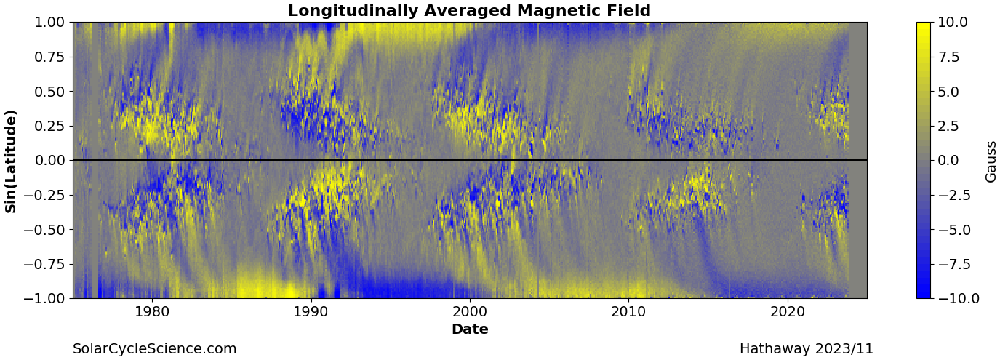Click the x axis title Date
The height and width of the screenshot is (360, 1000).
[x=470, y=329]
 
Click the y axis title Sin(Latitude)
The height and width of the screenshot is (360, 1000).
[x=11, y=161]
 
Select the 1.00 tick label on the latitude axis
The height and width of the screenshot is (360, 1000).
[x=49, y=23]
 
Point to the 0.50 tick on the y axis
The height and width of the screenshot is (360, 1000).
[x=49, y=92]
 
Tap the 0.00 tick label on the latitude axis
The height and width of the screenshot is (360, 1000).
[x=49, y=160]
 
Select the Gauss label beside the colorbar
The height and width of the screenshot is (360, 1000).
[x=991, y=161]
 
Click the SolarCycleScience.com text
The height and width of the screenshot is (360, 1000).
[x=155, y=349]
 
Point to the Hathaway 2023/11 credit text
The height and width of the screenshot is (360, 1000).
[x=807, y=349]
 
